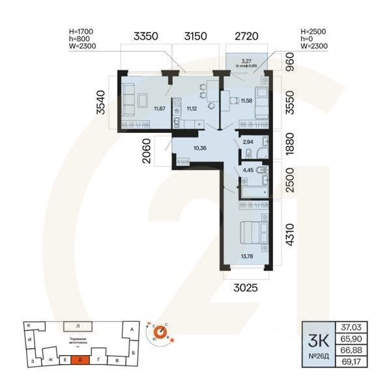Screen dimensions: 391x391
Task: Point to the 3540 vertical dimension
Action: coord(100,103)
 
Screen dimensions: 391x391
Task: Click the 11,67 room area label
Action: coord(160,108)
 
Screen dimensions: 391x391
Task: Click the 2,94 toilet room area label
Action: coord(248,141)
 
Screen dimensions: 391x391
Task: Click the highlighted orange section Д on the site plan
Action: coord(80,360)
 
